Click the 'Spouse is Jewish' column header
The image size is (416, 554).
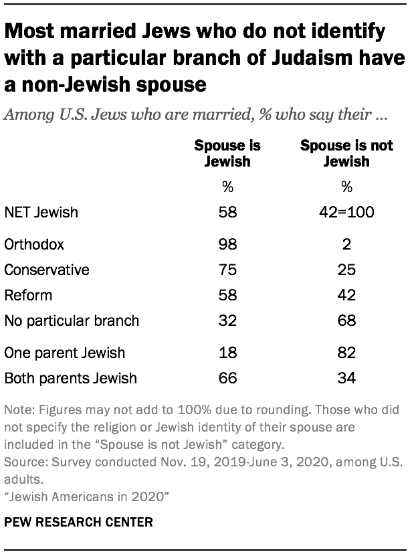pyautogui.click(x=227, y=153)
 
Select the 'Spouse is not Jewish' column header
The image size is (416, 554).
pyautogui.click(x=346, y=153)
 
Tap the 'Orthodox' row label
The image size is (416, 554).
pyautogui.click(x=34, y=244)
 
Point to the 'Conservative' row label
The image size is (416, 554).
pyautogui.click(x=46, y=270)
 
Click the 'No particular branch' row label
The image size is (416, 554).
pyautogui.click(x=72, y=320)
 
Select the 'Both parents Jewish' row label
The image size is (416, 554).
pyautogui.click(x=70, y=378)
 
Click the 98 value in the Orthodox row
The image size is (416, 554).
pyautogui.click(x=227, y=244)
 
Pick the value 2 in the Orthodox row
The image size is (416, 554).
pyautogui.click(x=346, y=244)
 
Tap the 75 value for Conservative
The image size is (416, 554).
pyautogui.click(x=227, y=270)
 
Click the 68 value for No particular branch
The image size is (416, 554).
pyautogui.click(x=346, y=320)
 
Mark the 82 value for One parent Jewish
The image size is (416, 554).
pyautogui.click(x=346, y=353)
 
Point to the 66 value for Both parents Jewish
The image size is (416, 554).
pyautogui.click(x=227, y=378)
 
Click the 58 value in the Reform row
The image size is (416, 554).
pyautogui.click(x=227, y=295)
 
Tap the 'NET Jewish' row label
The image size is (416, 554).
pyautogui.click(x=41, y=213)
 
